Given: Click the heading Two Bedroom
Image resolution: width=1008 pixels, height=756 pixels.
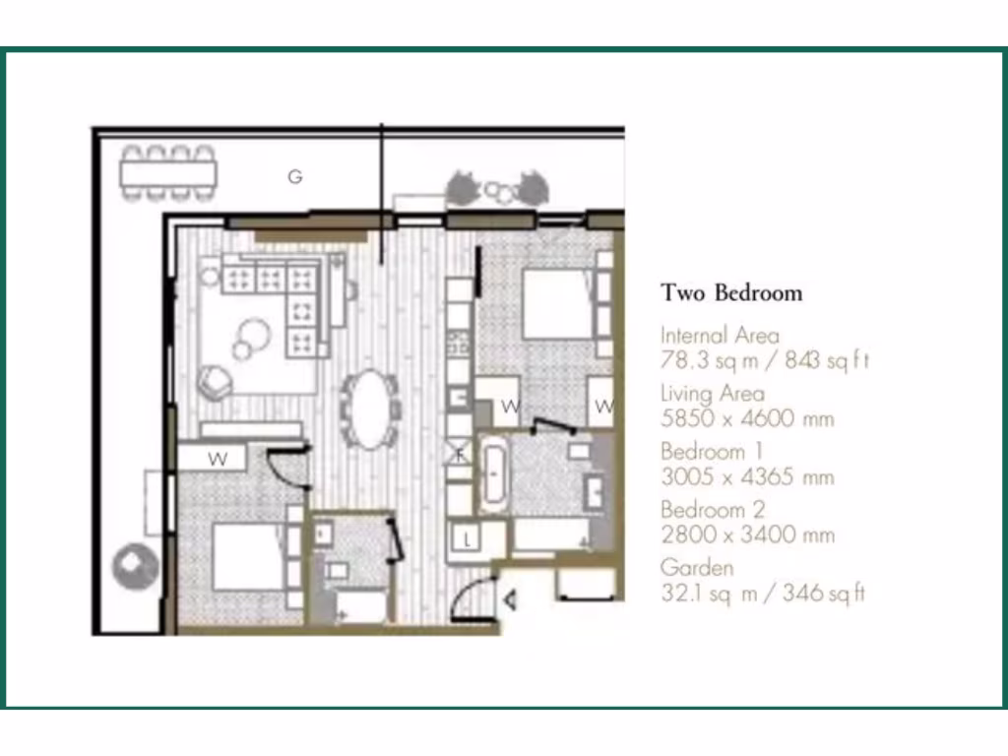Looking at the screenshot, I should (731, 292).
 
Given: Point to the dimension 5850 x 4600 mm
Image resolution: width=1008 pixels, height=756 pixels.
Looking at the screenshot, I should (747, 418).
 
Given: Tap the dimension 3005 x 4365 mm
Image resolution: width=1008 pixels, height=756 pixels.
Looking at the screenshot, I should (747, 476).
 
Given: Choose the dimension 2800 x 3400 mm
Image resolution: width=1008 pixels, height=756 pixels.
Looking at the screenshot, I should (747, 535).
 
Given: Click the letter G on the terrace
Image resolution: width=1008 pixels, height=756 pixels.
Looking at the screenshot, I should (294, 177).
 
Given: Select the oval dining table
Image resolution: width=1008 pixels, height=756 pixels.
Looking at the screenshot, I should (371, 409).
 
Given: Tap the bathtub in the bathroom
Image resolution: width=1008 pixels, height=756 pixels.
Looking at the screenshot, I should (493, 475).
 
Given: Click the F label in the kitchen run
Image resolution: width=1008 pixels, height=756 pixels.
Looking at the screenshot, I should (459, 455).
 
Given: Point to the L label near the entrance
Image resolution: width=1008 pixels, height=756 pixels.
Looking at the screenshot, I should (468, 539).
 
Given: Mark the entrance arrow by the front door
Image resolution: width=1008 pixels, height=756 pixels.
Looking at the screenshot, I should (510, 598).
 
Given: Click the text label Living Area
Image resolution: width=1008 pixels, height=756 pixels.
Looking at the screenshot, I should (712, 394).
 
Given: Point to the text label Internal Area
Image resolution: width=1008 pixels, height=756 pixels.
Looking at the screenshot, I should (720, 336).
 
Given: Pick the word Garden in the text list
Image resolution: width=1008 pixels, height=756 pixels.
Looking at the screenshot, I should (696, 568).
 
